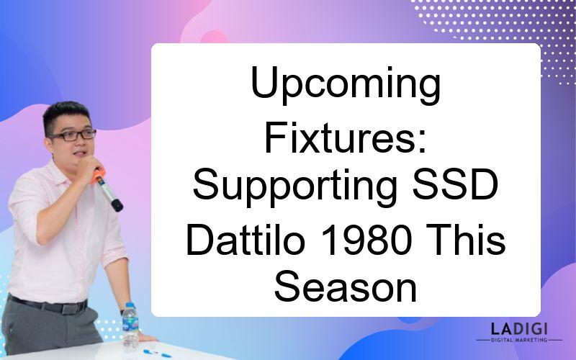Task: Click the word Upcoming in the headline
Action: point(346,86)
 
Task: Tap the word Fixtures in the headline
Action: point(341,138)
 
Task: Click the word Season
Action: point(346,287)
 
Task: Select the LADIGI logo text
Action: point(519,329)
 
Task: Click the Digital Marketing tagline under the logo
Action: point(519,340)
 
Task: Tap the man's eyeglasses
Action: point(73,135)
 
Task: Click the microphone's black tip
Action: point(117,205)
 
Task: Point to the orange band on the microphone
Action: point(99,175)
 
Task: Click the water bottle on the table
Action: point(130,325)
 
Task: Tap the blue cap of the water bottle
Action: point(130,305)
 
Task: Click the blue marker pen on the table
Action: point(157,354)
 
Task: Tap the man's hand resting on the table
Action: point(145,337)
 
